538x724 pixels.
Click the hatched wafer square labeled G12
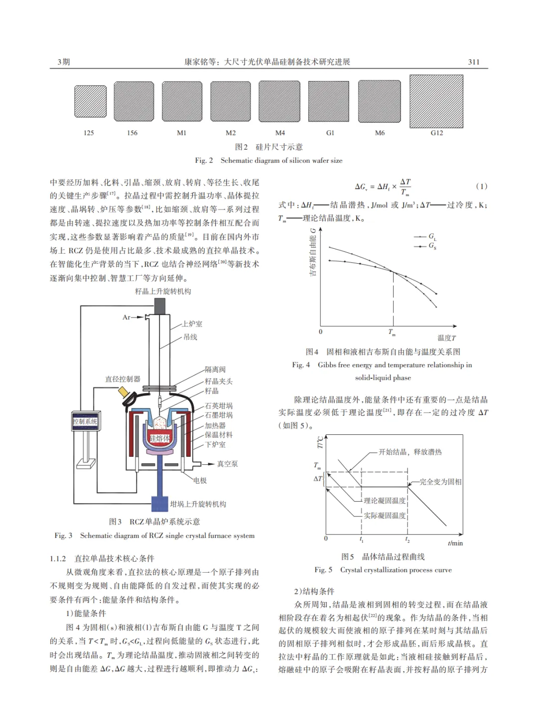436,102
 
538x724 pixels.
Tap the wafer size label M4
280,133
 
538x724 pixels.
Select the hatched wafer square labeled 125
90,102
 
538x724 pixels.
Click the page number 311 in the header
474,62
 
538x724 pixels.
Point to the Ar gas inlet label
127,317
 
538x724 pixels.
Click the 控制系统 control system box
86,421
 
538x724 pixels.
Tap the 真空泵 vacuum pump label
227,464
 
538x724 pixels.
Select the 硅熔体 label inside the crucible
159,438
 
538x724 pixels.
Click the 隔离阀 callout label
215,369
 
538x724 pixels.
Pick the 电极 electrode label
200,480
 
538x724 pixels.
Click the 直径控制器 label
123,379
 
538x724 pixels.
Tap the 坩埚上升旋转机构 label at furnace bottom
198,504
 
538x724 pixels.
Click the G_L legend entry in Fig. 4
432,237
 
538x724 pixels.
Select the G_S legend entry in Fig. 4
432,246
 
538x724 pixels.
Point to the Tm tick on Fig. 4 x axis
392,332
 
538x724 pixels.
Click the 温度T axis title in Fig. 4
446,338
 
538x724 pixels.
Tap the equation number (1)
481,187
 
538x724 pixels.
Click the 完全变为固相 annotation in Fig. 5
440,482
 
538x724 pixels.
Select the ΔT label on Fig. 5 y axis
318,479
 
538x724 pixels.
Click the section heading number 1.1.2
58,558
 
